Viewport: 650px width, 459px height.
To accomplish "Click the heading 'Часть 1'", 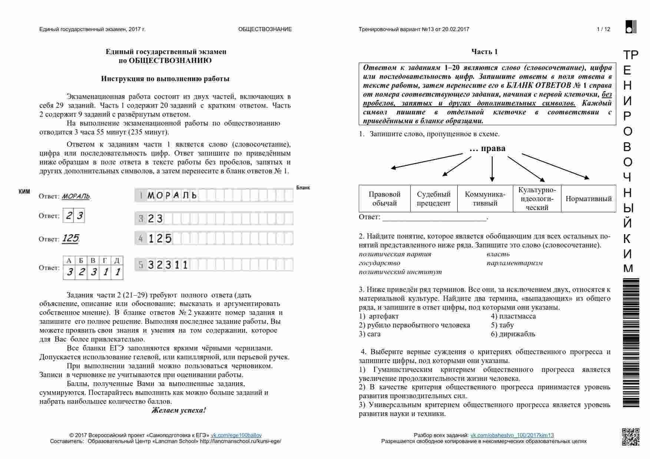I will (484, 52).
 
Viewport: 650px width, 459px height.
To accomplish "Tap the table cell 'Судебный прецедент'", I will (434, 199).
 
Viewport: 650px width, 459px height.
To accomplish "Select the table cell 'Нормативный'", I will (588, 199).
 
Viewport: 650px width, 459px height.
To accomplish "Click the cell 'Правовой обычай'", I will (384, 199).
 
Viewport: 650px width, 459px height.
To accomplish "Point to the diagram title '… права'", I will (487, 149).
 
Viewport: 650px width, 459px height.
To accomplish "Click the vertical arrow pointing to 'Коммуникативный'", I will (492, 169).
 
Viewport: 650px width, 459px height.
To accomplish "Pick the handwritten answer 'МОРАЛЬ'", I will (76, 196).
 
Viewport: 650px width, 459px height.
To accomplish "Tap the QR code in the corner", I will (630, 437).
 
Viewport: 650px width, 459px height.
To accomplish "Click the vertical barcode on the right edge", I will (631, 343).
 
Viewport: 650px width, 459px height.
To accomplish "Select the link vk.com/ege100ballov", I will (236, 435).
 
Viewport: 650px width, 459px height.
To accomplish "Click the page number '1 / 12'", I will (603, 29).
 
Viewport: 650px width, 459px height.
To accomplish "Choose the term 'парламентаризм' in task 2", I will (514, 263).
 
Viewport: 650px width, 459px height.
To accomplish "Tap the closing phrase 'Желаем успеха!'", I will (179, 410).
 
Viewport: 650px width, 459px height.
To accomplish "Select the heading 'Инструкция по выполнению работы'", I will (165, 79).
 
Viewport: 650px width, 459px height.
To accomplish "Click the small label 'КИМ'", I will (24, 192).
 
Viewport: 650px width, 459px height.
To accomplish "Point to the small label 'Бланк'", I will (303, 188).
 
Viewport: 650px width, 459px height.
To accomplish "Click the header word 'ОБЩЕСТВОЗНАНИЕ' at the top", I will (265, 29).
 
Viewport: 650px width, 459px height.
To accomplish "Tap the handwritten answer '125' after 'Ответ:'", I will (70, 238).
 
